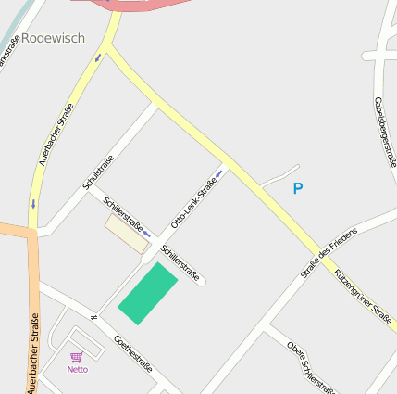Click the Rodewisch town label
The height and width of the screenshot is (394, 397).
(53, 38)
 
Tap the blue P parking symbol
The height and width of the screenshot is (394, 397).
(297, 189)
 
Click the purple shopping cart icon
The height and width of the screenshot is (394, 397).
(77, 356)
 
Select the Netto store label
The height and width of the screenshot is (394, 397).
(78, 369)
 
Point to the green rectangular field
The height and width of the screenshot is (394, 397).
(147, 293)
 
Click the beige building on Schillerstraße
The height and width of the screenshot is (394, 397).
(127, 233)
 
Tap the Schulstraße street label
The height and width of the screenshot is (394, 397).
(98, 172)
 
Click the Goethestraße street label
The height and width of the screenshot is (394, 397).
(131, 354)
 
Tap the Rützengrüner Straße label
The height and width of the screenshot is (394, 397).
(363, 295)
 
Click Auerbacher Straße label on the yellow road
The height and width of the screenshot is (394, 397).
(56, 133)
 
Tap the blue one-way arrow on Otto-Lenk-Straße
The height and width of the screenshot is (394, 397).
(219, 172)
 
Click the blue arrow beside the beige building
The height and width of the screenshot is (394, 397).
(146, 233)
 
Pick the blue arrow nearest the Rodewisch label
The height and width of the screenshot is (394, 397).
(97, 59)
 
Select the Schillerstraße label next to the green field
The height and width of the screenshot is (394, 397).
(180, 262)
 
